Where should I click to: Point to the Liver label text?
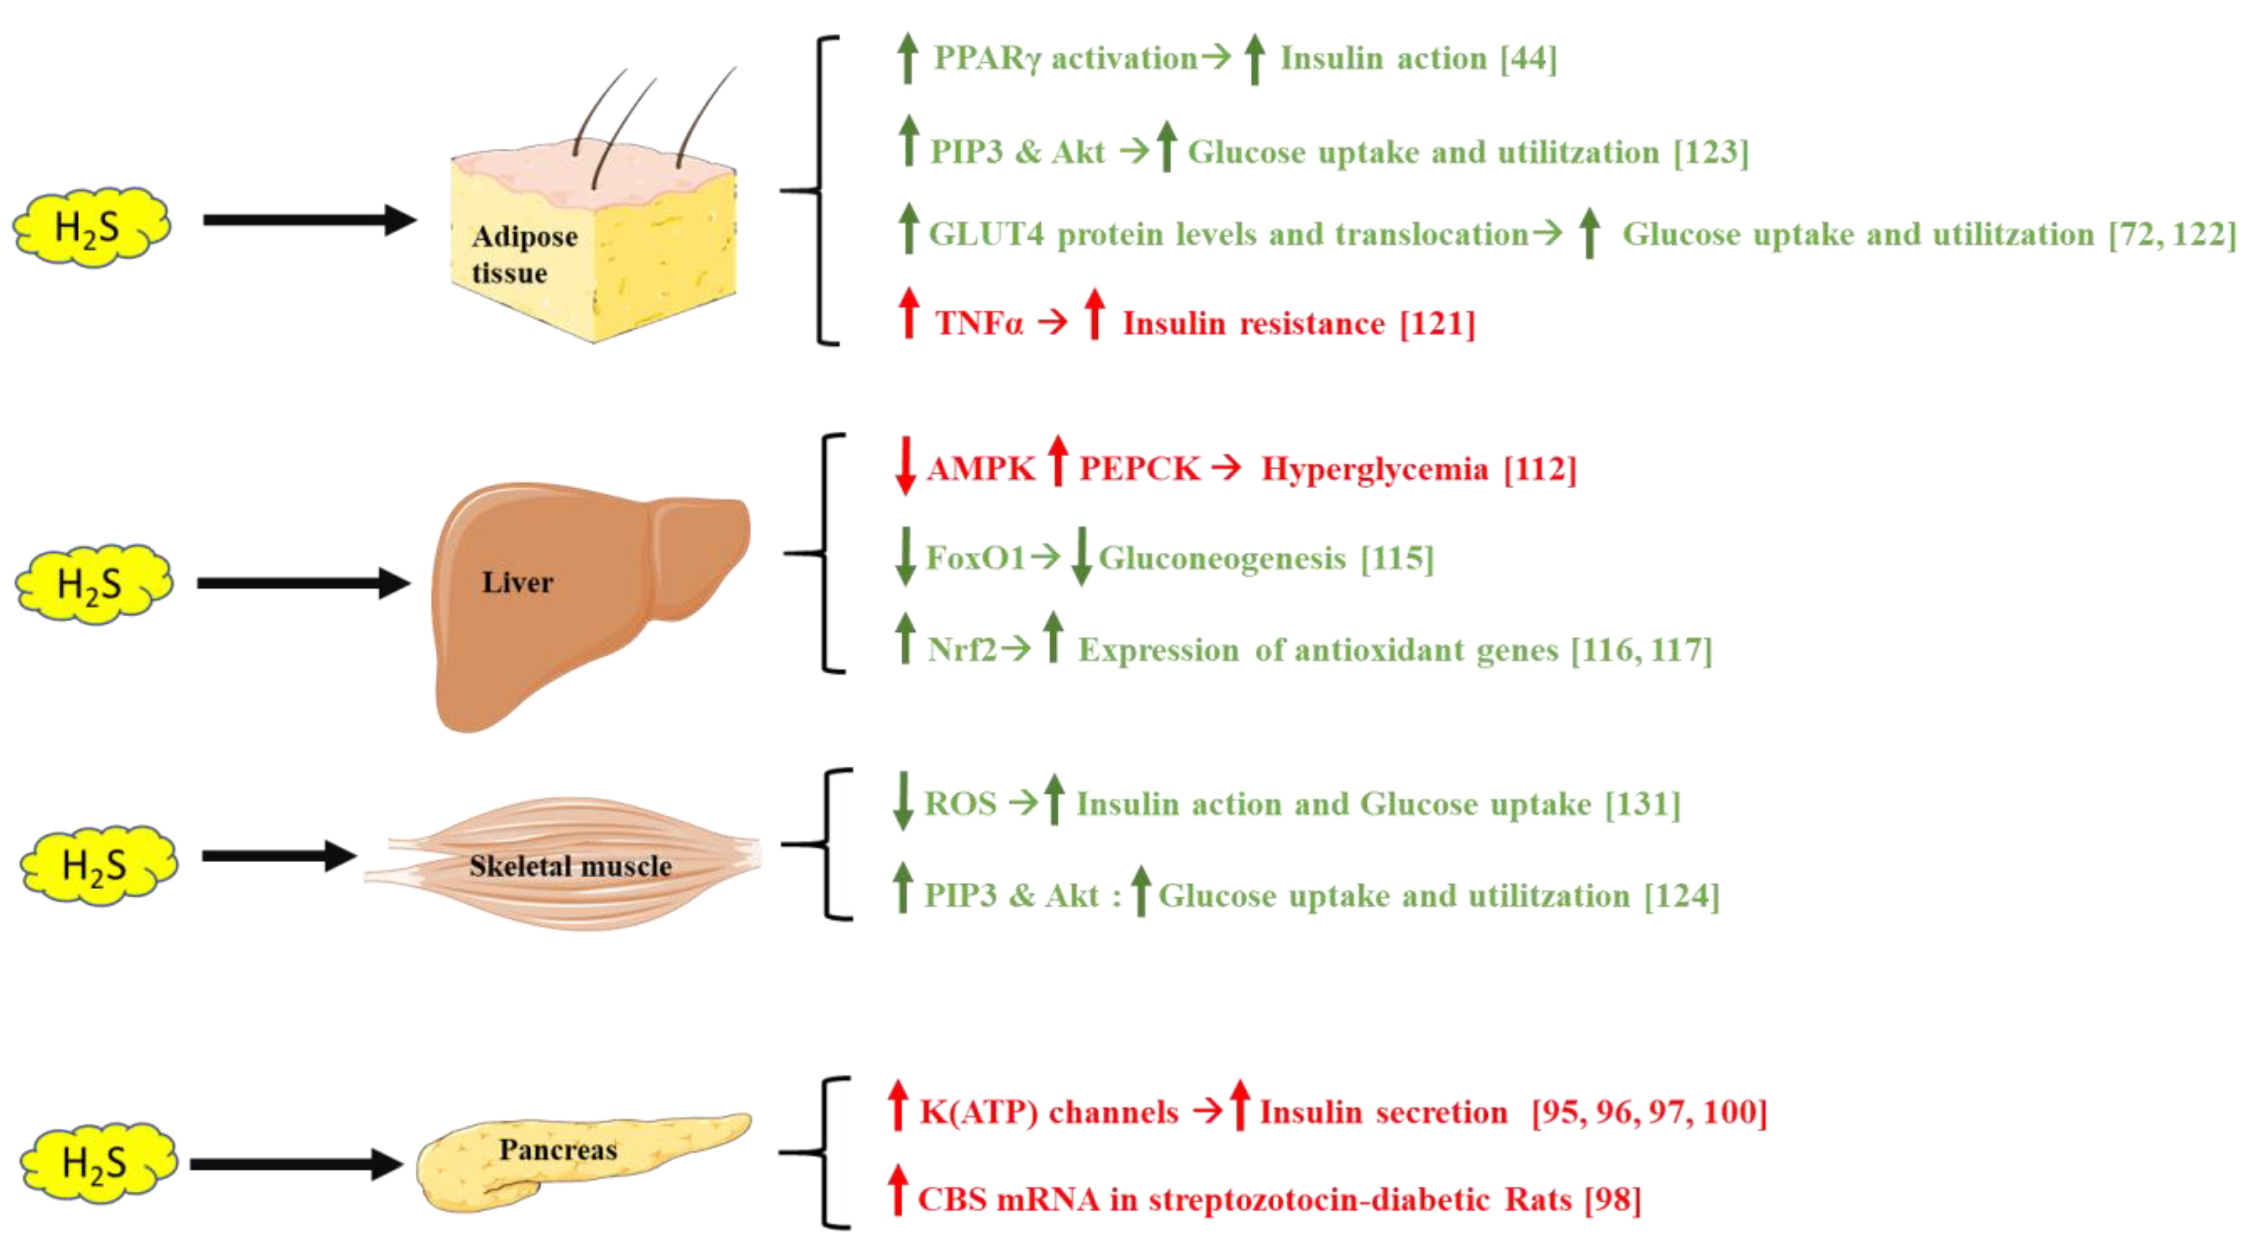[517, 582]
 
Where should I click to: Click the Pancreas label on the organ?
[557, 1150]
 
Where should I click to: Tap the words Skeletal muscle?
[570, 867]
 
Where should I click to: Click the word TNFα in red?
[978, 323]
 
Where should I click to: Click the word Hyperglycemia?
[1375, 469]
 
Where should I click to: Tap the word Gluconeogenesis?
[1222, 558]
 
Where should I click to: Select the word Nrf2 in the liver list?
[962, 650]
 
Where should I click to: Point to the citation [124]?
[1681, 896]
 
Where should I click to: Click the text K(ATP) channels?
[1049, 1113]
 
